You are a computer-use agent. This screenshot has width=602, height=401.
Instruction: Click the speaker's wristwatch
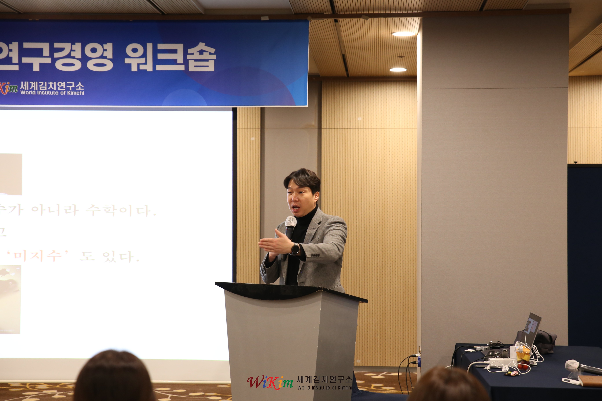click(295, 249)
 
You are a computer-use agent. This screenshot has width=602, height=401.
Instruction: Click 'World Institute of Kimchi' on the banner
click(52, 93)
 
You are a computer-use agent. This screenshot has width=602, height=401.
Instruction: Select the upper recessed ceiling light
click(403, 34)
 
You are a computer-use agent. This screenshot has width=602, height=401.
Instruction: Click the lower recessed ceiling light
click(398, 70)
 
